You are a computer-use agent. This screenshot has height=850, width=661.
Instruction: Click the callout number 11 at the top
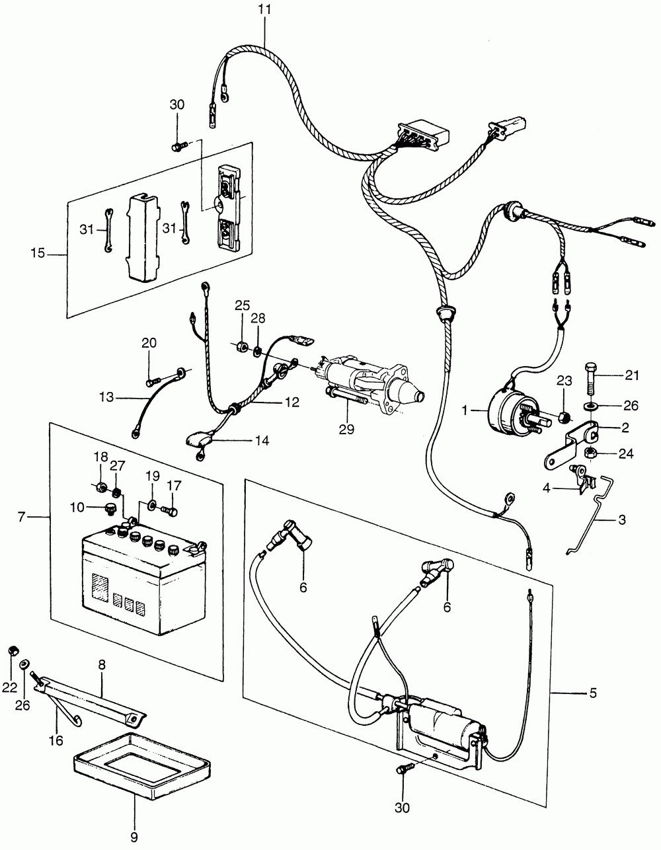264,9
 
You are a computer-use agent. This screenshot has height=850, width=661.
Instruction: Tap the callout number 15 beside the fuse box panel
38,253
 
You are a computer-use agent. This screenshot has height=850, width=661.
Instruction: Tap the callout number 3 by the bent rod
622,520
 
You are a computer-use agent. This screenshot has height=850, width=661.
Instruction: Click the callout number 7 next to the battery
22,517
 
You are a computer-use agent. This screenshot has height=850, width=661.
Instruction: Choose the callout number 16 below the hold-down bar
56,740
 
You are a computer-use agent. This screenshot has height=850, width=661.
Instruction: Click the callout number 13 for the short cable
106,397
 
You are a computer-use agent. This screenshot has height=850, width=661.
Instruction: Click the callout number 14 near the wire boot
262,440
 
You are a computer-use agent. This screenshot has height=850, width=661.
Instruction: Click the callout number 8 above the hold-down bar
102,664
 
